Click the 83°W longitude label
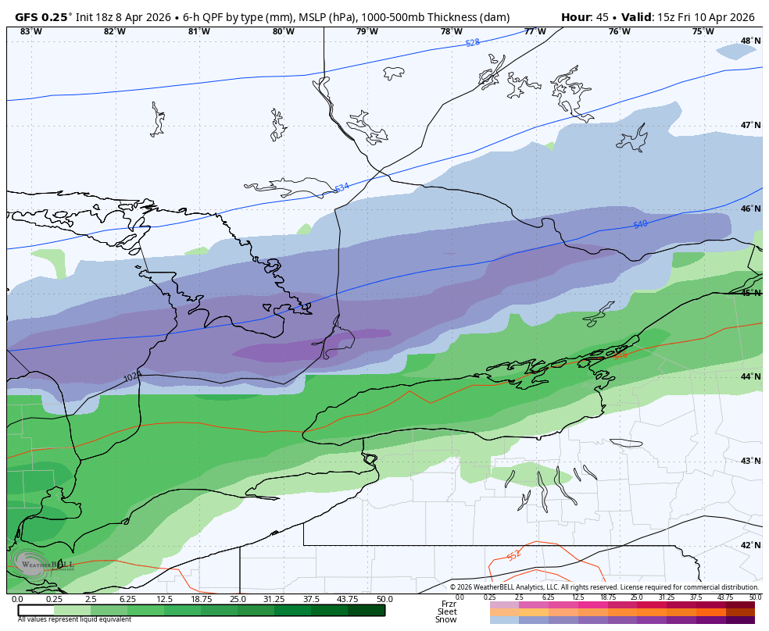point(30,31)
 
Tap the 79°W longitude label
point(367,31)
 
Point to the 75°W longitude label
point(703,31)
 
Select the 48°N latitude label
point(750,41)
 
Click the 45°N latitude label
point(750,293)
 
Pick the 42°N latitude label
point(750,545)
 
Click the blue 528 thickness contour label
point(473,43)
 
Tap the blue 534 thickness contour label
point(342,188)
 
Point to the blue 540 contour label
point(640,225)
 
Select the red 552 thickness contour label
point(513,556)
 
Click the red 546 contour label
point(620,355)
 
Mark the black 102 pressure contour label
point(131,378)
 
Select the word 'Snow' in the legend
point(446,619)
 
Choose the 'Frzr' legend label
point(449,604)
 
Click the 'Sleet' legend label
point(447,611)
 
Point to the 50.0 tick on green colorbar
point(384,599)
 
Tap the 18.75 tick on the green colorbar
point(201,599)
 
